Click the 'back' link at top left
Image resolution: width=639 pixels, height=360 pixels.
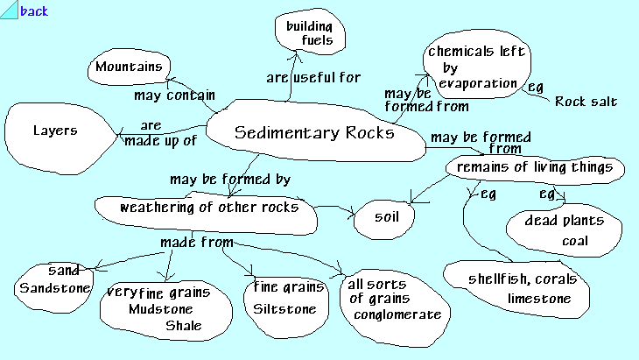(x=33, y=11)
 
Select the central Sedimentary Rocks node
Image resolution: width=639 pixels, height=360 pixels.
(x=314, y=133)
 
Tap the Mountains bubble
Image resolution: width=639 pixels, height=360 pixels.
(x=130, y=67)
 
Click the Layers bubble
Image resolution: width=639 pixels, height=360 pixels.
(x=57, y=132)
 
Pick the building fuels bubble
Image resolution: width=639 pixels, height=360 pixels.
(x=310, y=33)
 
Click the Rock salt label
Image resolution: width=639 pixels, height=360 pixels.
(x=586, y=102)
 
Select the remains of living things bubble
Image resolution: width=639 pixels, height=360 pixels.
(x=535, y=166)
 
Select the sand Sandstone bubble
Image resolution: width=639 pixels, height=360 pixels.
(x=54, y=279)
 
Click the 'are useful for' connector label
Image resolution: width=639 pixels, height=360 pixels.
(x=313, y=78)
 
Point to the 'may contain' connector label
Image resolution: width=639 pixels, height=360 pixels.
(x=169, y=94)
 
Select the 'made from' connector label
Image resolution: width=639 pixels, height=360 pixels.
(x=196, y=241)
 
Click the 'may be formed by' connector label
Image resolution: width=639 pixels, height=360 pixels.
(x=230, y=179)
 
